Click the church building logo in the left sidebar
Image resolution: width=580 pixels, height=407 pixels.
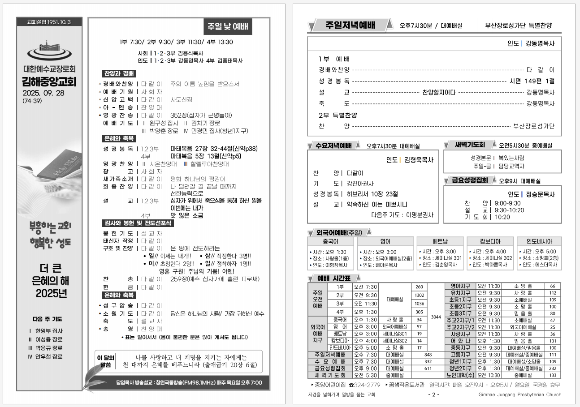click(49, 52)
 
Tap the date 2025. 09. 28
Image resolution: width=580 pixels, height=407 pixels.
click(43, 93)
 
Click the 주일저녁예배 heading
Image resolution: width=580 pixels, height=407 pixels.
click(350, 25)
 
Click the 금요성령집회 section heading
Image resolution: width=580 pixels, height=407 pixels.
click(470, 180)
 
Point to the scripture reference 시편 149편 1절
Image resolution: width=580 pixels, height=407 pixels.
click(532, 81)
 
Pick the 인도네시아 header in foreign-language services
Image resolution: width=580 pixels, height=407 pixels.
click(539, 241)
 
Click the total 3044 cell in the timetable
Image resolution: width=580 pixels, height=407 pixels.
click(436, 317)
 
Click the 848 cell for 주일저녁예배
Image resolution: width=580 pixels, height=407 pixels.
click(428, 355)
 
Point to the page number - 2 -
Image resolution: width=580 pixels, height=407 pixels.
click(434, 394)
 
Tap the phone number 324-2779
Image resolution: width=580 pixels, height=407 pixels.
click(367, 385)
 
